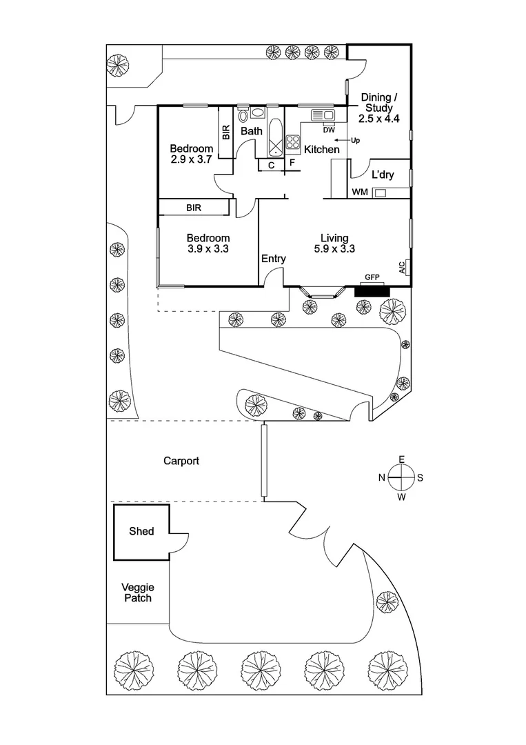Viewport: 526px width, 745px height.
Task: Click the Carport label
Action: point(181,461)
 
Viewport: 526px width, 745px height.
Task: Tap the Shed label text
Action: point(141,531)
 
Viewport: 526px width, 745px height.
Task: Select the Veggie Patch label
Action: point(136,593)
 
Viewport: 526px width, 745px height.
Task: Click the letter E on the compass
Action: point(401,459)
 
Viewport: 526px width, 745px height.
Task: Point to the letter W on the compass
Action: point(401,495)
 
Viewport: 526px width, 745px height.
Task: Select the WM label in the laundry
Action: point(359,192)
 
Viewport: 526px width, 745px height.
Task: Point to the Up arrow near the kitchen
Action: point(347,140)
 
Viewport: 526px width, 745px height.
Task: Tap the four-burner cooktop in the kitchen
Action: point(292,142)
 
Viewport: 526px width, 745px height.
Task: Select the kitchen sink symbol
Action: point(322,115)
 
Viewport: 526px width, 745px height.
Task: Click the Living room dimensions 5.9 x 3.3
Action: point(334,250)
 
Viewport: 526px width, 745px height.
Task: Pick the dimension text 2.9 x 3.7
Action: point(192,159)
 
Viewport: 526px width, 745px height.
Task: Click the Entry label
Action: point(273,259)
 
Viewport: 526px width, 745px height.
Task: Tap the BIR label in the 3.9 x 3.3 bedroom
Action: point(194,207)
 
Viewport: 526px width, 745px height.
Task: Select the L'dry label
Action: point(383,175)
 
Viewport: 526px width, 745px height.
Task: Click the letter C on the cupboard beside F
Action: point(271,165)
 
